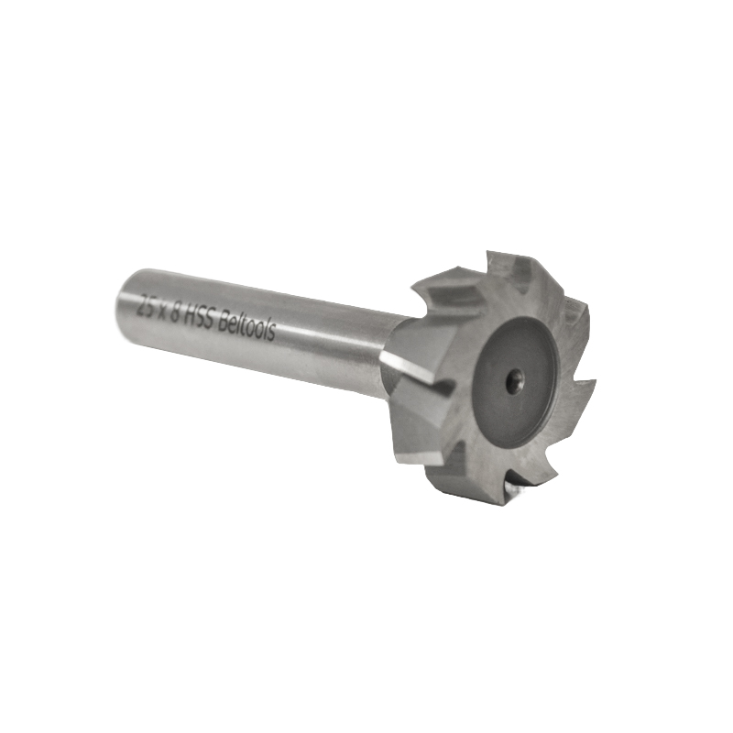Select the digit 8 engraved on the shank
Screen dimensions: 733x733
tap(175, 311)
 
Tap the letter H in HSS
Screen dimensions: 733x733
tap(190, 315)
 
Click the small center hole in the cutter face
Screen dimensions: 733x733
tap(516, 375)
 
